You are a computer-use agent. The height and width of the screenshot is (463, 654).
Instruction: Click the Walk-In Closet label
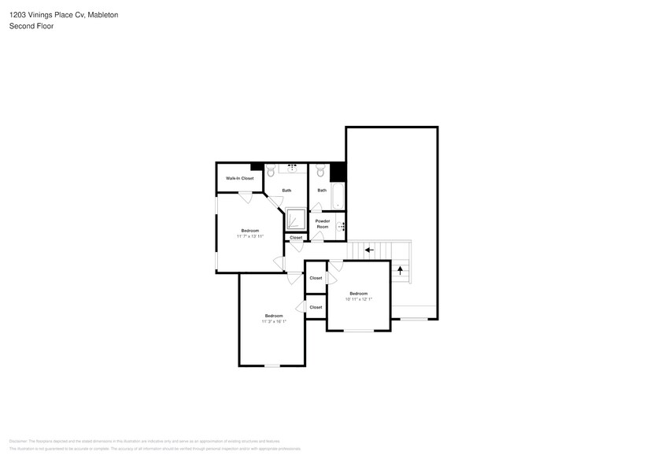[239, 179]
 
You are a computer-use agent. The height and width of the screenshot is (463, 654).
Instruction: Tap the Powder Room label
[323, 224]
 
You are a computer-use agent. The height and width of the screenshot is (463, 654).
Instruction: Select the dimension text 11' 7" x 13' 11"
[249, 235]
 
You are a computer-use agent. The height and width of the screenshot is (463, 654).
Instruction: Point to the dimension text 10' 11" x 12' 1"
[359, 298]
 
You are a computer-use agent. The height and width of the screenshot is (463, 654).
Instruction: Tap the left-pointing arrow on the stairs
[369, 250]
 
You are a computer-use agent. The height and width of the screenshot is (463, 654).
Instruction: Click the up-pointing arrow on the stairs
[401, 270]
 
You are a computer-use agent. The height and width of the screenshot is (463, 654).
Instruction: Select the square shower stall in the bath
[296, 219]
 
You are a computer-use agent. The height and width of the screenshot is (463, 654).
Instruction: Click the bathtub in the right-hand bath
[338, 196]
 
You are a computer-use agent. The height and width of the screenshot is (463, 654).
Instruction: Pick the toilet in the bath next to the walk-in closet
[270, 169]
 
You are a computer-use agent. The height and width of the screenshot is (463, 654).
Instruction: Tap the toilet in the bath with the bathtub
[320, 169]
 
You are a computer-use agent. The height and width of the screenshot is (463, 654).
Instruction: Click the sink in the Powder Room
[341, 226]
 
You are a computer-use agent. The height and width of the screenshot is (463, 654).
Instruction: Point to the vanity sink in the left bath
[293, 167]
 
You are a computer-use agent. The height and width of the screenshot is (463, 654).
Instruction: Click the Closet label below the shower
[296, 237]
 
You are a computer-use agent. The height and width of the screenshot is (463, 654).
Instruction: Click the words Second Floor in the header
[27, 26]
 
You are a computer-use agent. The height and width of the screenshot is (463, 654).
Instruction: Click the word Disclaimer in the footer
[18, 441]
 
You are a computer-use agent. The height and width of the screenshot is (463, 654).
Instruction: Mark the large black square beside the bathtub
[338, 172]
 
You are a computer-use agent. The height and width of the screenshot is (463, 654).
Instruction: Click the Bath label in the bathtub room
[322, 191]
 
